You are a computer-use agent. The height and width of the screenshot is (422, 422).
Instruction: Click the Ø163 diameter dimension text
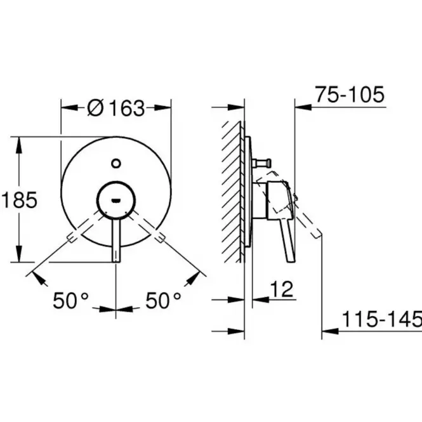(x=116, y=108)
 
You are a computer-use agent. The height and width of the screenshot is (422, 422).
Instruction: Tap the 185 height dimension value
(x=20, y=200)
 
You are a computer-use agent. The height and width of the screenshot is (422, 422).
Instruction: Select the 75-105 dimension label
(x=350, y=95)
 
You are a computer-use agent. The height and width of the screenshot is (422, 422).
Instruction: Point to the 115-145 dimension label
(x=382, y=319)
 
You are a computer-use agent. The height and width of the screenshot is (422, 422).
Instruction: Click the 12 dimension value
(x=282, y=289)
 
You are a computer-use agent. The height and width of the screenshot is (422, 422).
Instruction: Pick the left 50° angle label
(x=70, y=300)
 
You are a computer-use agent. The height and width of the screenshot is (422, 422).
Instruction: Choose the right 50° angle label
(x=163, y=300)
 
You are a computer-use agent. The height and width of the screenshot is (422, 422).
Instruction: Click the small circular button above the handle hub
(x=116, y=163)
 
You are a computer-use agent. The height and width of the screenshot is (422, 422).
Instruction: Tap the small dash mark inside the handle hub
(x=116, y=200)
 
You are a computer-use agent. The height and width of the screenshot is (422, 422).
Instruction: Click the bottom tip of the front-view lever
(x=116, y=261)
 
